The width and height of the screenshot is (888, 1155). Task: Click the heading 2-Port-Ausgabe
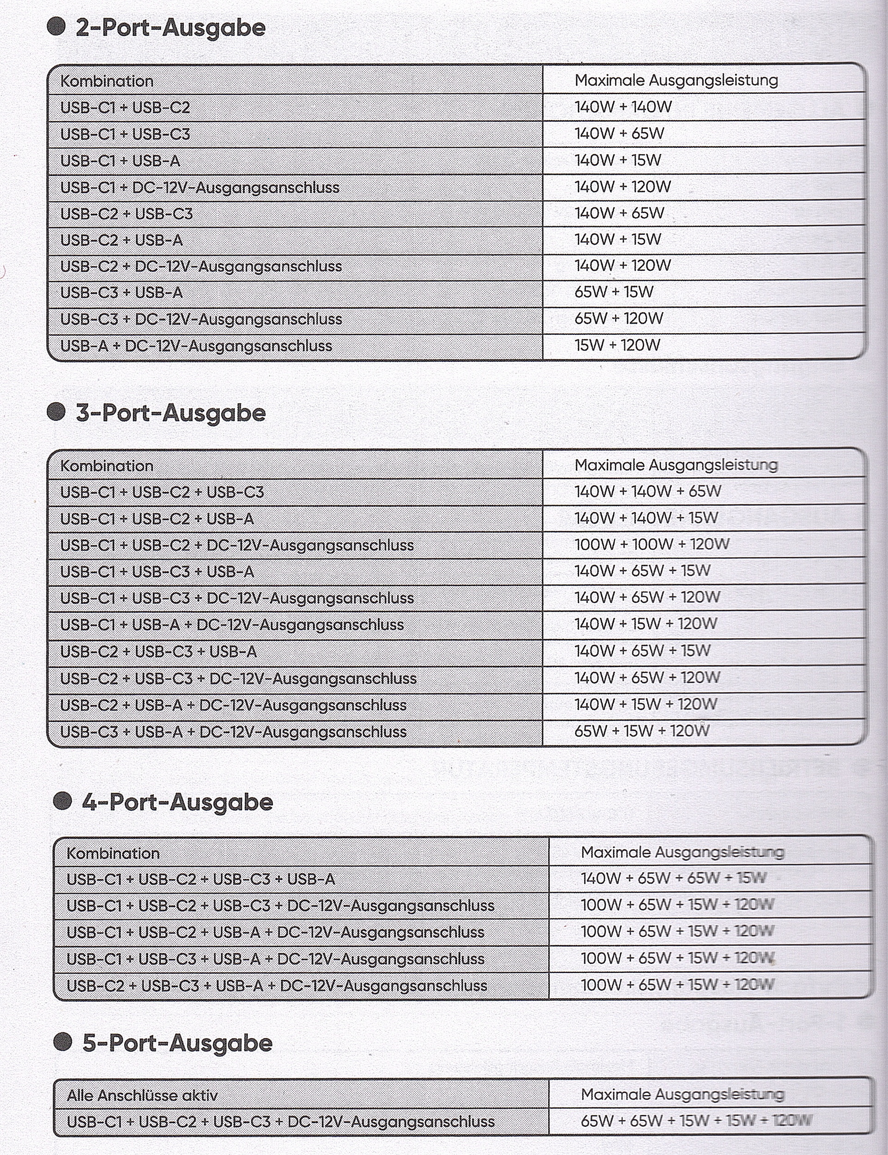pos(170,28)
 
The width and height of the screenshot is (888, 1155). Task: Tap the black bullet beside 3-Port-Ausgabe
pos(56,412)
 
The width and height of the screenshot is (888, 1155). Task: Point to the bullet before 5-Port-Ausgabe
pos(63,1042)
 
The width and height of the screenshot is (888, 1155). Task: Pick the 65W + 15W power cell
pos(614,292)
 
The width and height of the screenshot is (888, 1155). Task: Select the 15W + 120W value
pos(617,345)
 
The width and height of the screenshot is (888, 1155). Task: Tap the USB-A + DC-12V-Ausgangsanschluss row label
pos(196,346)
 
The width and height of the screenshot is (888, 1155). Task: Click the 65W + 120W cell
pos(618,318)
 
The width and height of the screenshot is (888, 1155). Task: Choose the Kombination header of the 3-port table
pos(107,466)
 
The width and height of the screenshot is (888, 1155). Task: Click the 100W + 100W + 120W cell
pos(652,544)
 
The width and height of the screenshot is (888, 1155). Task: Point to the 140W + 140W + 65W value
pos(647,491)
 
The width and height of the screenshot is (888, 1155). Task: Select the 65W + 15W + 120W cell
pos(642,731)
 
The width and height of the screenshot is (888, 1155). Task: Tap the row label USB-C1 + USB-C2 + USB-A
pos(157,519)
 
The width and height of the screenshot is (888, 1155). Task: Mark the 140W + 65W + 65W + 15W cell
pos(673,878)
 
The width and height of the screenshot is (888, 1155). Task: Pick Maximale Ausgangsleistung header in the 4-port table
pos(682,852)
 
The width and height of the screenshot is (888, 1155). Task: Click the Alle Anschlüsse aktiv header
pos(142,1095)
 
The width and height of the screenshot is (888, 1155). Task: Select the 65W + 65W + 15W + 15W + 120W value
pos(695,1121)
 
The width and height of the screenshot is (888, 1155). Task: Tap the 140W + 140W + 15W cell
pos(646,518)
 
